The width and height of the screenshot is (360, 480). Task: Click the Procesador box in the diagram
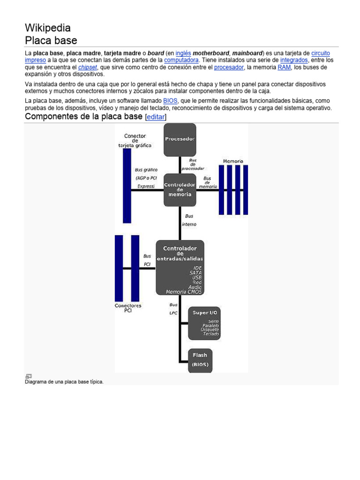pyautogui.click(x=180, y=139)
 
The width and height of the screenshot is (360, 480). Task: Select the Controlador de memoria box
pyautogui.click(x=180, y=189)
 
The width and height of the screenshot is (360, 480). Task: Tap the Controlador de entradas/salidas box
pyautogui.click(x=180, y=268)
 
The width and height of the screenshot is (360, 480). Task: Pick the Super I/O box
pyautogui.click(x=204, y=323)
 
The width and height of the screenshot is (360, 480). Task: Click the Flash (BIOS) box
pyautogui.click(x=200, y=360)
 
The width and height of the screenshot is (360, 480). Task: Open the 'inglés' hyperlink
pyautogui.click(x=183, y=53)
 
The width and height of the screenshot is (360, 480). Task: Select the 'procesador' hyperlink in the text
pyautogui.click(x=229, y=67)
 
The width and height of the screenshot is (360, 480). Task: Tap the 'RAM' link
pyautogui.click(x=284, y=67)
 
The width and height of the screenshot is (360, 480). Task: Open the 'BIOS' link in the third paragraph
pyautogui.click(x=170, y=101)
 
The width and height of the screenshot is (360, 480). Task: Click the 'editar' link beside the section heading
pyautogui.click(x=156, y=117)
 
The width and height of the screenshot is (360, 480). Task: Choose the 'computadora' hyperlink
pyautogui.click(x=181, y=60)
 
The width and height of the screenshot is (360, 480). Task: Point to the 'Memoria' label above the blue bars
pyautogui.click(x=233, y=161)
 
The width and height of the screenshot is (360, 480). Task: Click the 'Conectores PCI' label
pyautogui.click(x=128, y=308)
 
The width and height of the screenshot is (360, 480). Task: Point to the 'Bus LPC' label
pyautogui.click(x=173, y=308)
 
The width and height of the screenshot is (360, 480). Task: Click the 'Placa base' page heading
pyautogui.click(x=51, y=40)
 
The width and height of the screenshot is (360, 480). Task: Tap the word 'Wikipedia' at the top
pyautogui.click(x=47, y=28)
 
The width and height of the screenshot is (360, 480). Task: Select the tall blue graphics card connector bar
pyautogui.click(x=127, y=186)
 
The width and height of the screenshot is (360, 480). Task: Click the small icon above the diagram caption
pyautogui.click(x=29, y=376)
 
